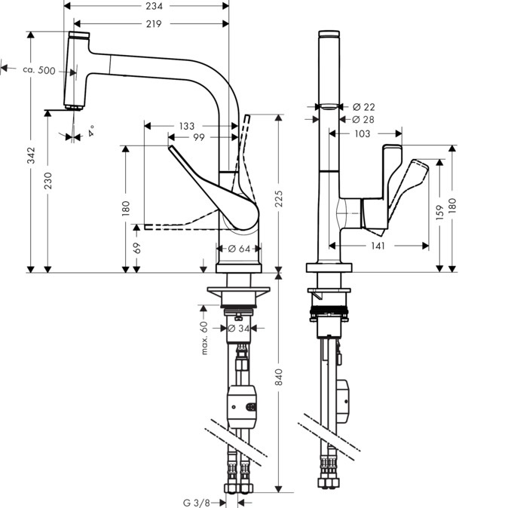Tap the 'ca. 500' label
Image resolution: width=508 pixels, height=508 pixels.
coord(38,70)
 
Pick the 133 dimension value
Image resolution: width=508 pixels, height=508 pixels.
coord(186,126)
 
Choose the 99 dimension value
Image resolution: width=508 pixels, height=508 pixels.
coord(198,137)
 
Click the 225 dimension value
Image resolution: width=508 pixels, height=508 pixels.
coord(279,198)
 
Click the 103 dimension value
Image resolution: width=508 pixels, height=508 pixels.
coord(363,133)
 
